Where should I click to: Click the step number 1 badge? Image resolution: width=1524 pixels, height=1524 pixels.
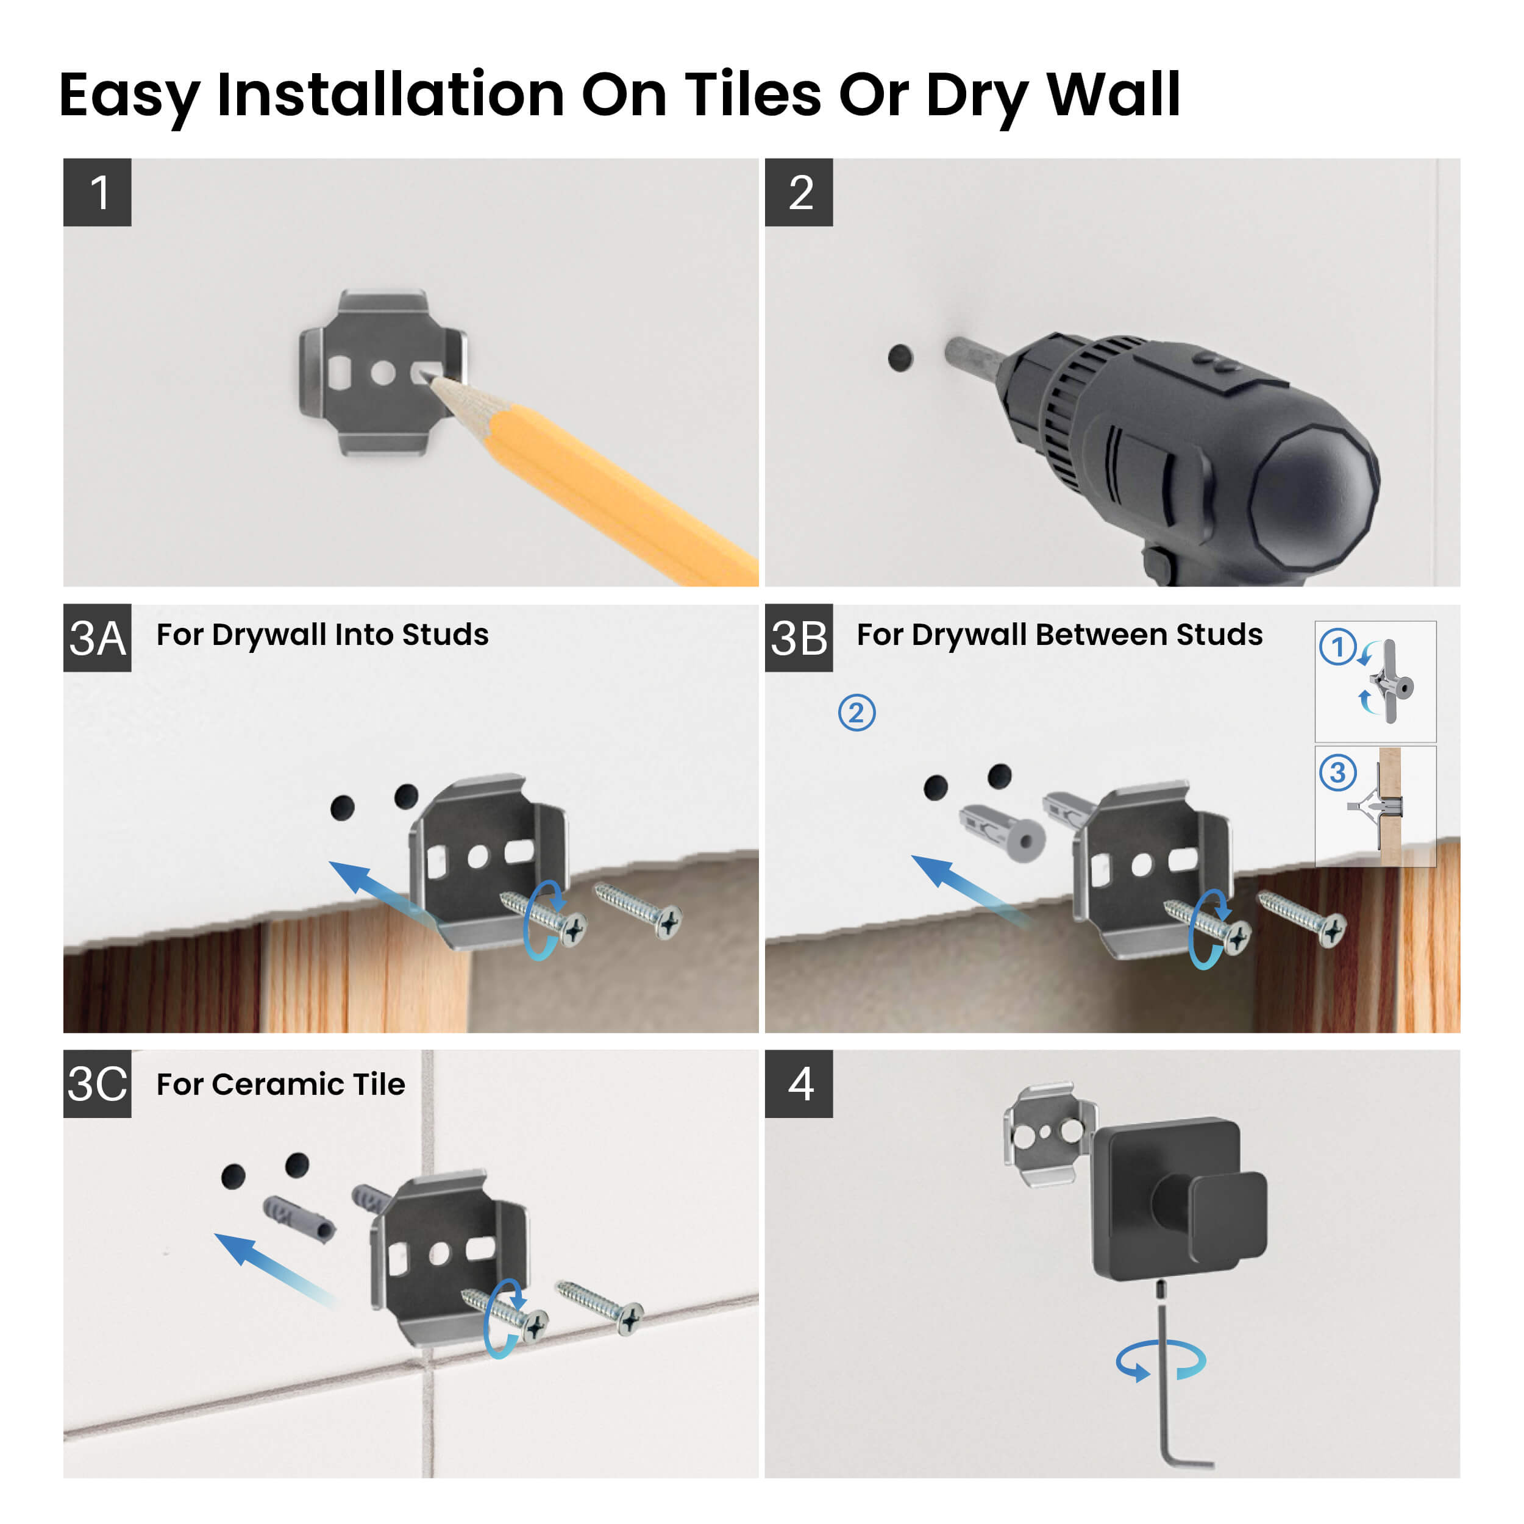pos(97,193)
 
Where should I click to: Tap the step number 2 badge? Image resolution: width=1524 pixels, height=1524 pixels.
pos(799,193)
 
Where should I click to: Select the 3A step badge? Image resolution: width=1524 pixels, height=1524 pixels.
pos(97,638)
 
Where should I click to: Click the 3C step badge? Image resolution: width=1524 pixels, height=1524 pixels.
pos(97,1084)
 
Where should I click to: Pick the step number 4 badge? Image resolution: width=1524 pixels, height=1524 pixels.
pos(799,1084)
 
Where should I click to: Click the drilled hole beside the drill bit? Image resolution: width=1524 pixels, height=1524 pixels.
pos(900,358)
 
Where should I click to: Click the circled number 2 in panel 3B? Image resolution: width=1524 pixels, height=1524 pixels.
pos(856,712)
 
